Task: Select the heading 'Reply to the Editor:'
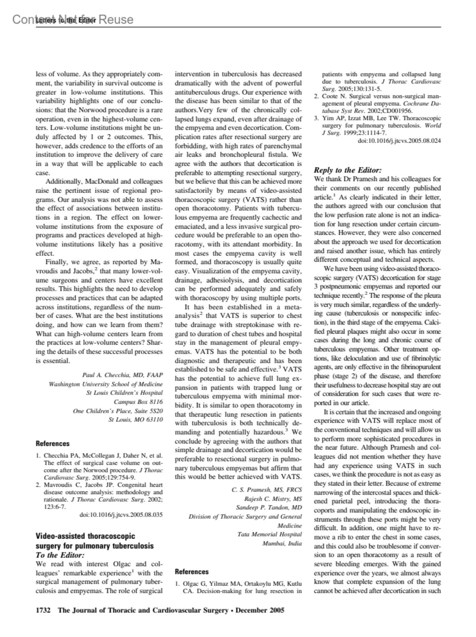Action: [x=347, y=170]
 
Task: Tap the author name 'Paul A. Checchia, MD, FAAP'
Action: [x=122, y=375]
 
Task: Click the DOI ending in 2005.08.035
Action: [x=121, y=515]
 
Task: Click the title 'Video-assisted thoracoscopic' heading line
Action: [x=85, y=536]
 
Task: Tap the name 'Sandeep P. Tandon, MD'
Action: [x=269, y=508]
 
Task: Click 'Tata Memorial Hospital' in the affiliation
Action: [x=269, y=534]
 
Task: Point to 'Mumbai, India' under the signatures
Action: [x=282, y=543]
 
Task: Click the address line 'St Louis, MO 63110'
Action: [x=136, y=420]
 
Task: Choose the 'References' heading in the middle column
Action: [x=192, y=572]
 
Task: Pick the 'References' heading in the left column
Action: [x=53, y=443]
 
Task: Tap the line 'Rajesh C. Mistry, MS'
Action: [x=273, y=499]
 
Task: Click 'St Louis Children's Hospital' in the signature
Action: [x=124, y=393]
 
